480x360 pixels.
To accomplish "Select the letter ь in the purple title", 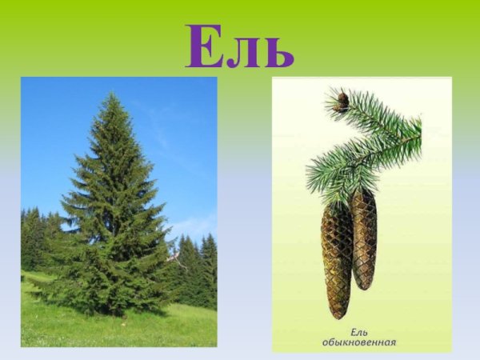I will [276, 51].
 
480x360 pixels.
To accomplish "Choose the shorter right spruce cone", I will [364, 238].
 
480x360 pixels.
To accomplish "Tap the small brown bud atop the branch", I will [343, 98].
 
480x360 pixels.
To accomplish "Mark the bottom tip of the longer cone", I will [337, 317].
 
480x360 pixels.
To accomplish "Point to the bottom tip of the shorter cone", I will [365, 289].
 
